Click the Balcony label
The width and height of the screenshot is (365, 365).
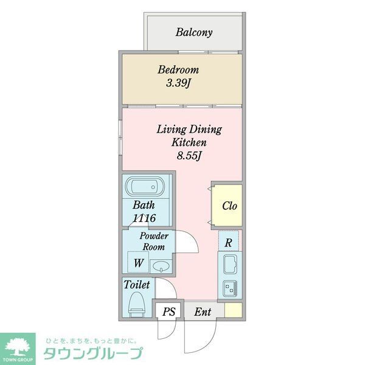pos(193,32)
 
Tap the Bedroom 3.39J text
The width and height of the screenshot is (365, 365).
pos(178,77)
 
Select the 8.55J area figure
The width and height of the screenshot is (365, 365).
pos(189,155)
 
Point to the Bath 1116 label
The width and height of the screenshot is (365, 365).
pos(144,212)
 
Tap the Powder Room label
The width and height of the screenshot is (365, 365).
pos(155,241)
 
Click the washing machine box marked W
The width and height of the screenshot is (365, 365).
pos(139,263)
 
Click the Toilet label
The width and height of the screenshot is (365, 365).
pos(137,285)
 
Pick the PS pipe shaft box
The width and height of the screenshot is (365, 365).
pos(169,311)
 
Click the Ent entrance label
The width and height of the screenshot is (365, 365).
pos(203,311)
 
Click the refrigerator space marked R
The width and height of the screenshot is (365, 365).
pos(228,241)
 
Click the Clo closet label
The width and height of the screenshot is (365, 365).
pos(229,206)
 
